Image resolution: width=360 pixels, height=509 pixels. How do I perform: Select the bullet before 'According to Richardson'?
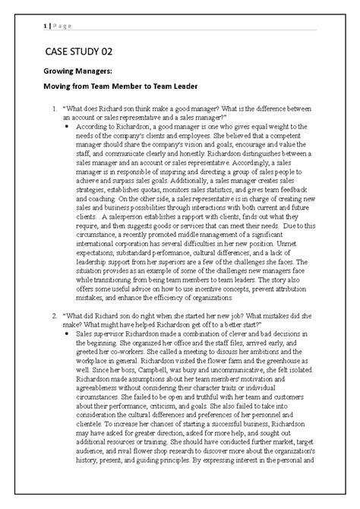pos(66,128)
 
